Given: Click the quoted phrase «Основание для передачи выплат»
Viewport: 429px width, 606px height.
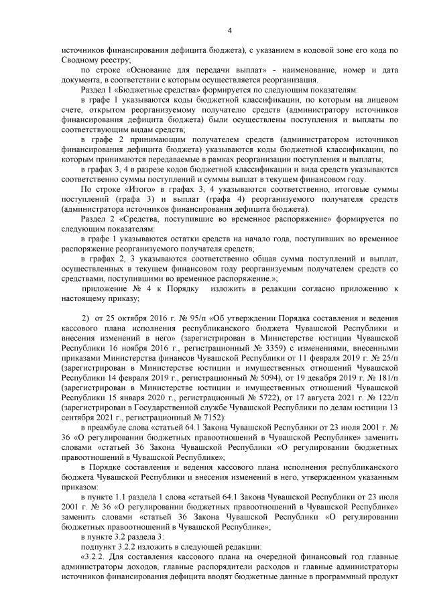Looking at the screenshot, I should [180, 70].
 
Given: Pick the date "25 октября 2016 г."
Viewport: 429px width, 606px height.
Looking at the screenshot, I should [138, 317].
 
